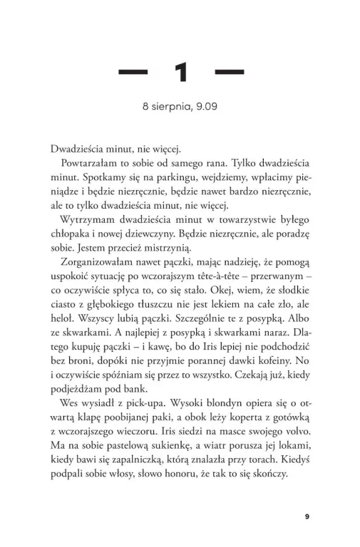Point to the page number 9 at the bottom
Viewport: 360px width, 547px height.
click(x=307, y=497)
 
